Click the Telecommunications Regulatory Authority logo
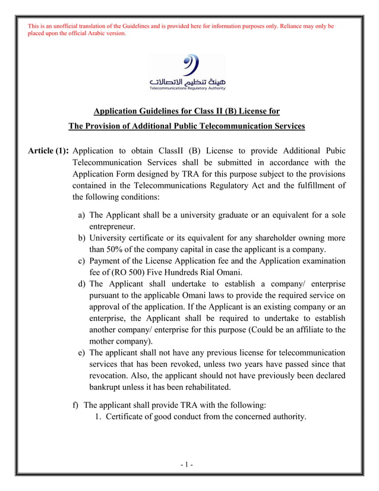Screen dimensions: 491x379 (188, 72)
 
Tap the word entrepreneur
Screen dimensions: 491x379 (112, 226)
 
